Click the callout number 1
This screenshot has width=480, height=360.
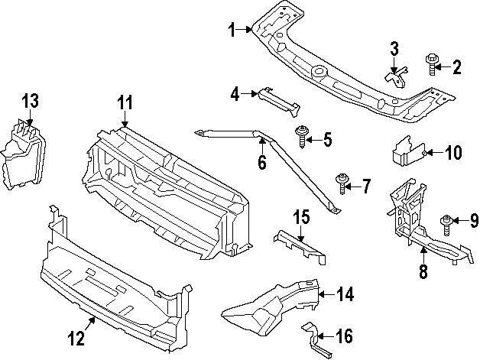pos(232,30)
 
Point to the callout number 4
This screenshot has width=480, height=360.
pos(236,94)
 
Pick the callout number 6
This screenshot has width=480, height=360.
pos(261,163)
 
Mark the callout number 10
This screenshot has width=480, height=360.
pos(452,153)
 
